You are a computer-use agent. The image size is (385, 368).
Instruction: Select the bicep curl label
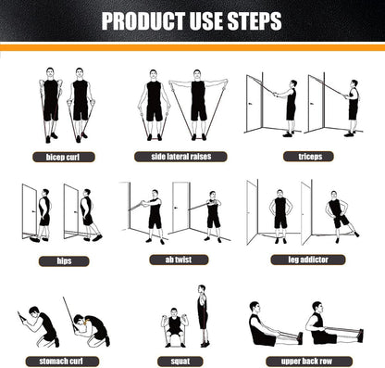coord(63,157)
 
